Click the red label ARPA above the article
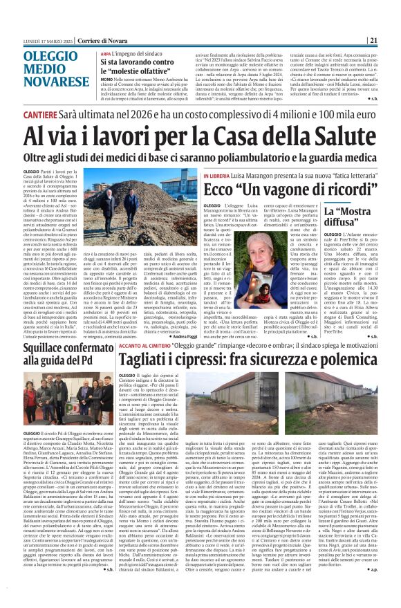pyautogui.click(x=105, y=53)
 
